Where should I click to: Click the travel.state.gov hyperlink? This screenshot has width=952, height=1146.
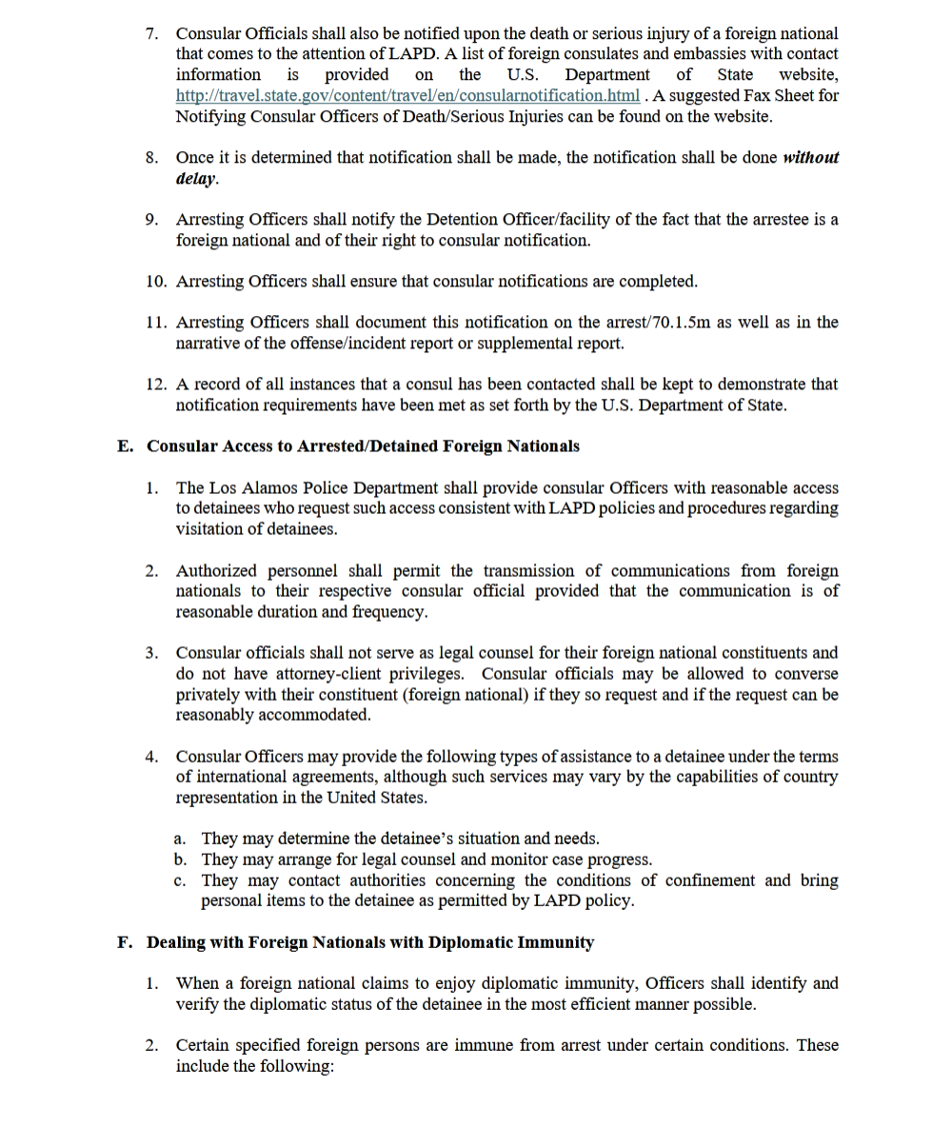tap(407, 96)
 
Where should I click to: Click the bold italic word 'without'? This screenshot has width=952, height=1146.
tap(810, 158)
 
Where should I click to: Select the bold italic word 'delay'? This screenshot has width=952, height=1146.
tap(195, 179)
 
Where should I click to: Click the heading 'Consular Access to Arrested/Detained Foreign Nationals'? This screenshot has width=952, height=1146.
tap(363, 446)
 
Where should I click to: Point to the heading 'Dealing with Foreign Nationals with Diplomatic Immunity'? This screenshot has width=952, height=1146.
tap(370, 943)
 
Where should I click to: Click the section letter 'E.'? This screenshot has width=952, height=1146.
tap(126, 446)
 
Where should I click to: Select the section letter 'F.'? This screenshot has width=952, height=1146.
tap(125, 943)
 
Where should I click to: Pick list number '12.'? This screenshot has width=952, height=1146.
tap(157, 385)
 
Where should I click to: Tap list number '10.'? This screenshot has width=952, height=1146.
tap(157, 282)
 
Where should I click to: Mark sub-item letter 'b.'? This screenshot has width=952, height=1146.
tap(181, 859)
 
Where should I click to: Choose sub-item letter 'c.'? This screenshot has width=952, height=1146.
tap(181, 880)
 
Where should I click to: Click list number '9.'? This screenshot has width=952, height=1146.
tap(152, 220)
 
